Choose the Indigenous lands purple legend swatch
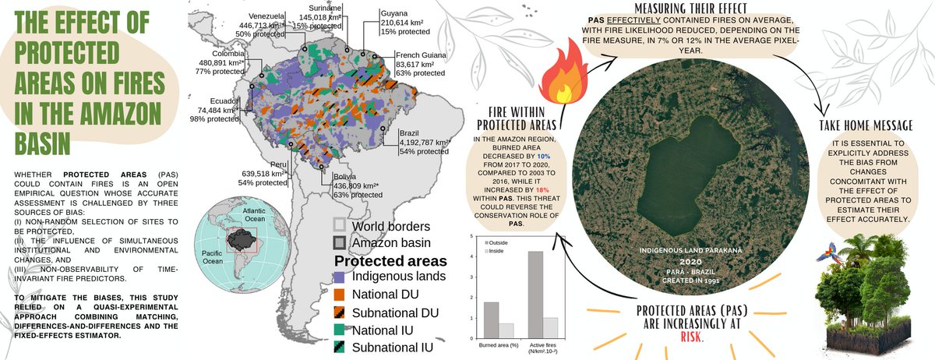pos(339,277)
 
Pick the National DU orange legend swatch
pos(339,295)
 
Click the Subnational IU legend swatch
pos(339,348)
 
